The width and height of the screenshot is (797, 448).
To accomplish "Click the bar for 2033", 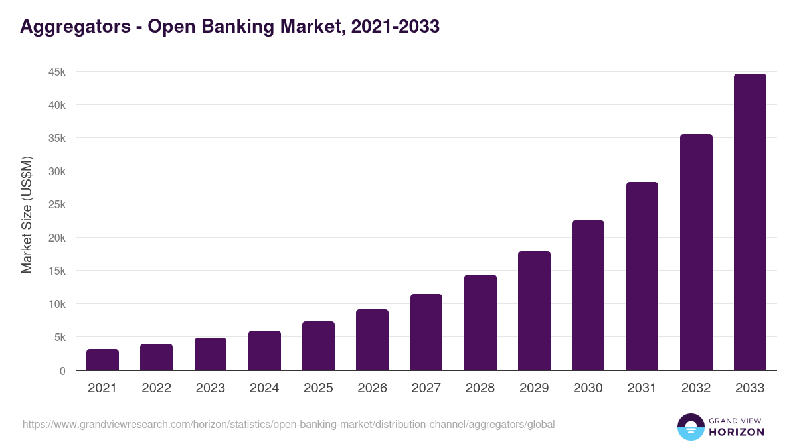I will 750,222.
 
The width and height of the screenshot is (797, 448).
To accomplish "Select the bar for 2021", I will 102,360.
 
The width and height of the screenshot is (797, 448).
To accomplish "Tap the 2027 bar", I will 426,333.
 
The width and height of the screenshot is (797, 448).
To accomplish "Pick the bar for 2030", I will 588,295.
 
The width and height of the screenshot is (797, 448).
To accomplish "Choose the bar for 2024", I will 264,350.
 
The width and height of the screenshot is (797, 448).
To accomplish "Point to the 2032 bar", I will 696,252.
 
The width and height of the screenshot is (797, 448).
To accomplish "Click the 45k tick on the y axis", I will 56,72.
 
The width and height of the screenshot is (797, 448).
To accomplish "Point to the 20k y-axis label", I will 56,238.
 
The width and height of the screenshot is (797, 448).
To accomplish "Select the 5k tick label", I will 59,337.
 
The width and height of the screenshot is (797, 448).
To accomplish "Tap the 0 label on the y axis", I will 62,371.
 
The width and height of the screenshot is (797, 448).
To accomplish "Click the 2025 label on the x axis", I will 318,388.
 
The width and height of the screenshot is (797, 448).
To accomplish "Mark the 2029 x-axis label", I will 534,388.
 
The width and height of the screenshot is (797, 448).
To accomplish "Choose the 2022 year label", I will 156,388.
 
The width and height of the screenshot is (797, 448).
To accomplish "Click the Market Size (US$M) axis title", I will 27,214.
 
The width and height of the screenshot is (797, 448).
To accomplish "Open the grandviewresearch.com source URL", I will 288,424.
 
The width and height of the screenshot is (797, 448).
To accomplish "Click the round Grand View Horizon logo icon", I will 690,427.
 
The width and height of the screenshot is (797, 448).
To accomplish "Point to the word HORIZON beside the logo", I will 737,432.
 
